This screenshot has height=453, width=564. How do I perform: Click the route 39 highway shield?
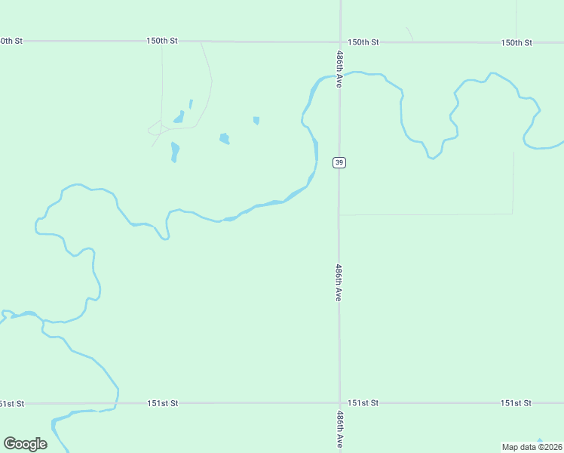pyautogui.click(x=339, y=162)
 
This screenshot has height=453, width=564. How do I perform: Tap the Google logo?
pyautogui.click(x=25, y=443)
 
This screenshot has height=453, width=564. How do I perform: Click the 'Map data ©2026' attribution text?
pyautogui.click(x=532, y=447)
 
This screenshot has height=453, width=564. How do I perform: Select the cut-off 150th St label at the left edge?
pyautogui.click(x=11, y=41)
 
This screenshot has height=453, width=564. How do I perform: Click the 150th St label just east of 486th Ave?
pyautogui.click(x=363, y=42)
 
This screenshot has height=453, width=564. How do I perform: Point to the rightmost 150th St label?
pyautogui.click(x=516, y=42)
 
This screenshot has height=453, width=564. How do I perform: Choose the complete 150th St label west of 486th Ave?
pyautogui.click(x=162, y=41)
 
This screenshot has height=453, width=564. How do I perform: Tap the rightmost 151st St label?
pyautogui.click(x=516, y=403)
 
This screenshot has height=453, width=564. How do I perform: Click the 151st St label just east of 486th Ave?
pyautogui.click(x=363, y=403)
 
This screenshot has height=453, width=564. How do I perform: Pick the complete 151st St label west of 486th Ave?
pyautogui.click(x=162, y=403)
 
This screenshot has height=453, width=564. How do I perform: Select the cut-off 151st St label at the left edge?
pyautogui.click(x=11, y=403)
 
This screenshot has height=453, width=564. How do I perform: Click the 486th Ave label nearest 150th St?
pyautogui.click(x=339, y=70)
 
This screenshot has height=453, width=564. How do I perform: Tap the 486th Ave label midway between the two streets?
pyautogui.click(x=339, y=283)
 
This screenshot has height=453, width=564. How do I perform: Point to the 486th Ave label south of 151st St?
pyautogui.click(x=339, y=430)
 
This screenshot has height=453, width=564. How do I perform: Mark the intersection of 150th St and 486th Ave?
pyautogui.click(x=340, y=42)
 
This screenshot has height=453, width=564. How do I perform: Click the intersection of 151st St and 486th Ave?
pyautogui.click(x=339, y=403)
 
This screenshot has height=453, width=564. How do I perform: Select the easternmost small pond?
pyautogui.click(x=256, y=120)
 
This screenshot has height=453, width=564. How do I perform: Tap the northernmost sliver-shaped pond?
pyautogui.click(x=191, y=103)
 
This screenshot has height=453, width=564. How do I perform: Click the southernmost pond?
pyautogui.click(x=175, y=152)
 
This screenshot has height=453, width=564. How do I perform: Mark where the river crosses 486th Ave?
pyautogui.click(x=339, y=75)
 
